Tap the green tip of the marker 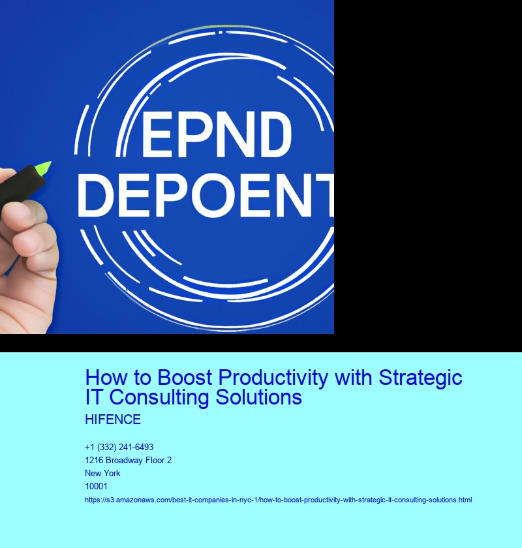pos(43,167)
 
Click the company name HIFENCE pos(113,419)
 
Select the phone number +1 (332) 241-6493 pos(119,447)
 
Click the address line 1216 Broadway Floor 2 pos(129,460)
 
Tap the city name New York pos(102,473)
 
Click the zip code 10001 pos(96,486)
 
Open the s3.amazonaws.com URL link pos(278,500)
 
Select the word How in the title pos(104,378)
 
